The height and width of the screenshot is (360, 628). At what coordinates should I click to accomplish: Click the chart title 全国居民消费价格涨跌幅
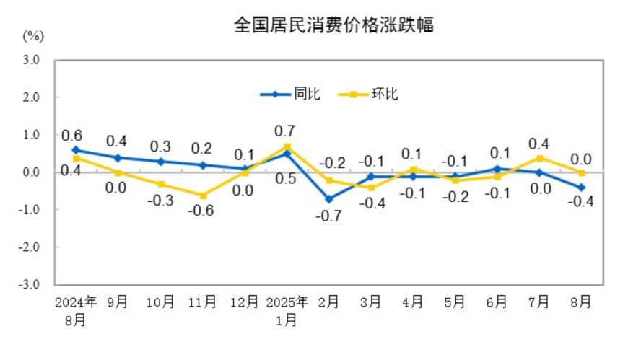coord(333,25)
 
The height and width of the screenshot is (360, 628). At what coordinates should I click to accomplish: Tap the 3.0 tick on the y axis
coord(30,60)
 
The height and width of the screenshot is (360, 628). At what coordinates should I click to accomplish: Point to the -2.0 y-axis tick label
coord(28,247)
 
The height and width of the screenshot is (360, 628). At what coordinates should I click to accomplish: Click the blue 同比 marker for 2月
coord(328,198)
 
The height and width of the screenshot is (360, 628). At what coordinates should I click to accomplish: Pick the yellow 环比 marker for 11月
coord(202,196)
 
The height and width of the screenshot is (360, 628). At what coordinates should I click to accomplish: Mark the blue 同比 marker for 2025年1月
coord(287,154)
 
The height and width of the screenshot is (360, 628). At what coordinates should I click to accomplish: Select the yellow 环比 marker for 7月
coord(538,158)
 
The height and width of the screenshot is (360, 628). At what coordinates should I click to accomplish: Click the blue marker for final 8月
coord(581,188)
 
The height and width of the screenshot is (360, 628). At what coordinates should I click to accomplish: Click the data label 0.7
coord(287,131)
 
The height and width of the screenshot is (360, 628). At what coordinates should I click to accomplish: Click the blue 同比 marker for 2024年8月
coord(75,150)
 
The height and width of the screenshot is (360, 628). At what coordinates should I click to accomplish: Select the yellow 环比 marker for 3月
coord(371,188)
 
